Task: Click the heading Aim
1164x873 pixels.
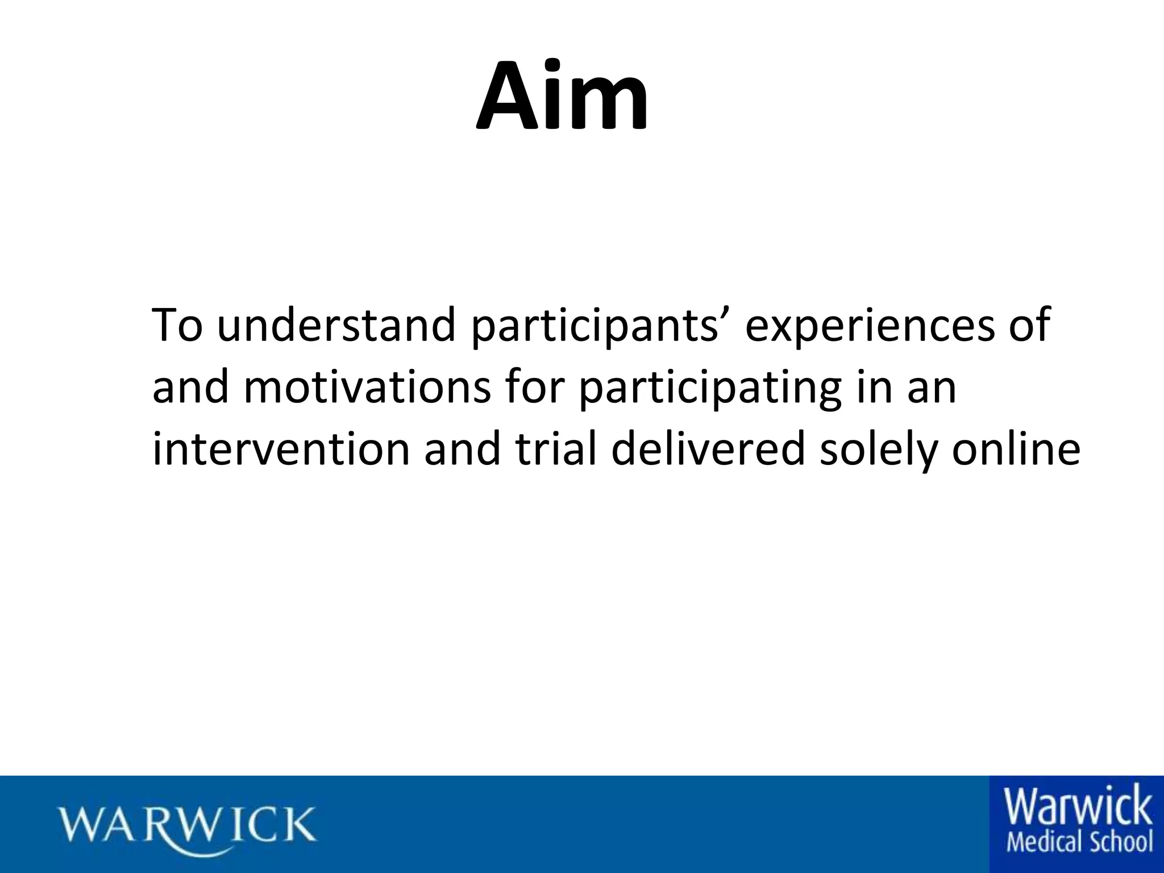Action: pyautogui.click(x=562, y=97)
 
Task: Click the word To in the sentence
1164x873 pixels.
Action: pyautogui.click(x=177, y=325)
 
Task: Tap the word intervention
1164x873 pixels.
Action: pyautogui.click(x=281, y=448)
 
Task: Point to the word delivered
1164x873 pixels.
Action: pyautogui.click(x=708, y=448)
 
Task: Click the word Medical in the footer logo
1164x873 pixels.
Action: pyautogui.click(x=1040, y=842)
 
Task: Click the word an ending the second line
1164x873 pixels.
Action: pyautogui.click(x=932, y=389)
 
